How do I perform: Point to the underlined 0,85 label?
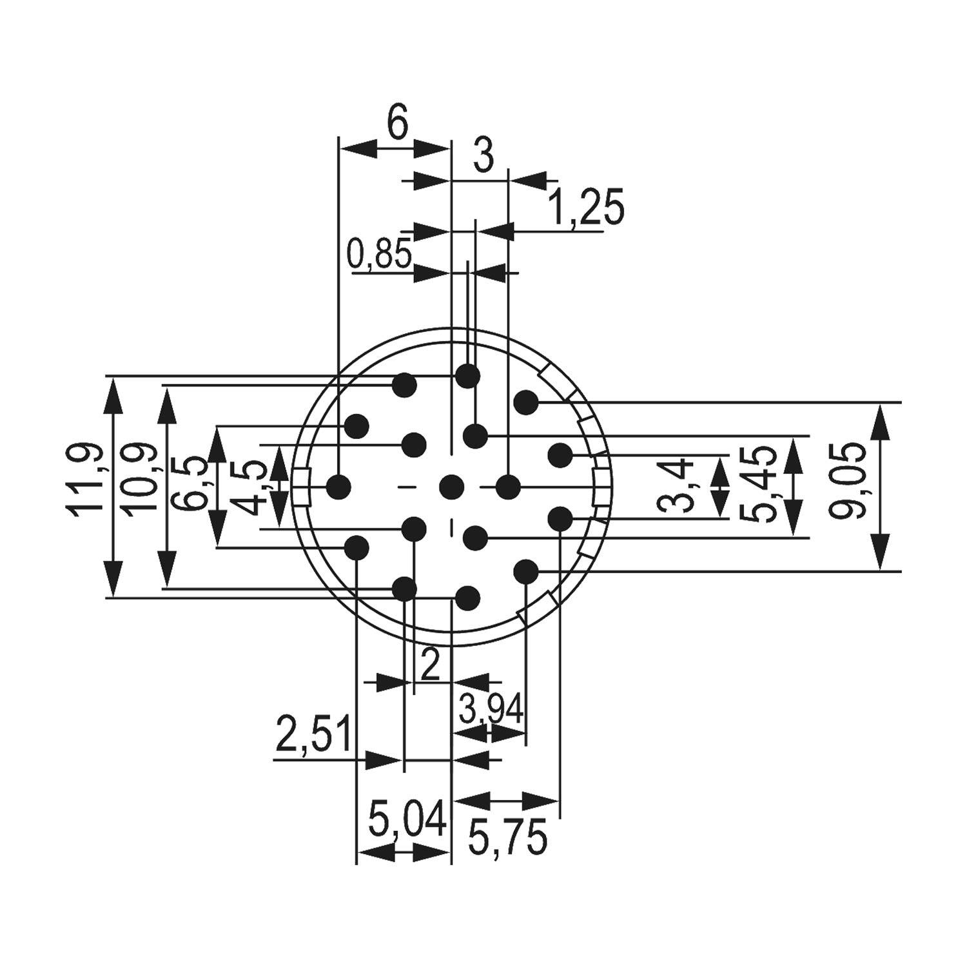(x=379, y=253)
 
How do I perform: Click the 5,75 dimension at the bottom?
(x=507, y=837)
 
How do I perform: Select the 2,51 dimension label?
(x=313, y=734)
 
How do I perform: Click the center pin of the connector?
(x=452, y=486)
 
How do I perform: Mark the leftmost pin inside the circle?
(x=338, y=486)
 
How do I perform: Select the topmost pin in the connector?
(x=468, y=376)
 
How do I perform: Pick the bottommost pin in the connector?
(x=468, y=598)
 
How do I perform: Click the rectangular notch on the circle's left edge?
(x=302, y=487)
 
